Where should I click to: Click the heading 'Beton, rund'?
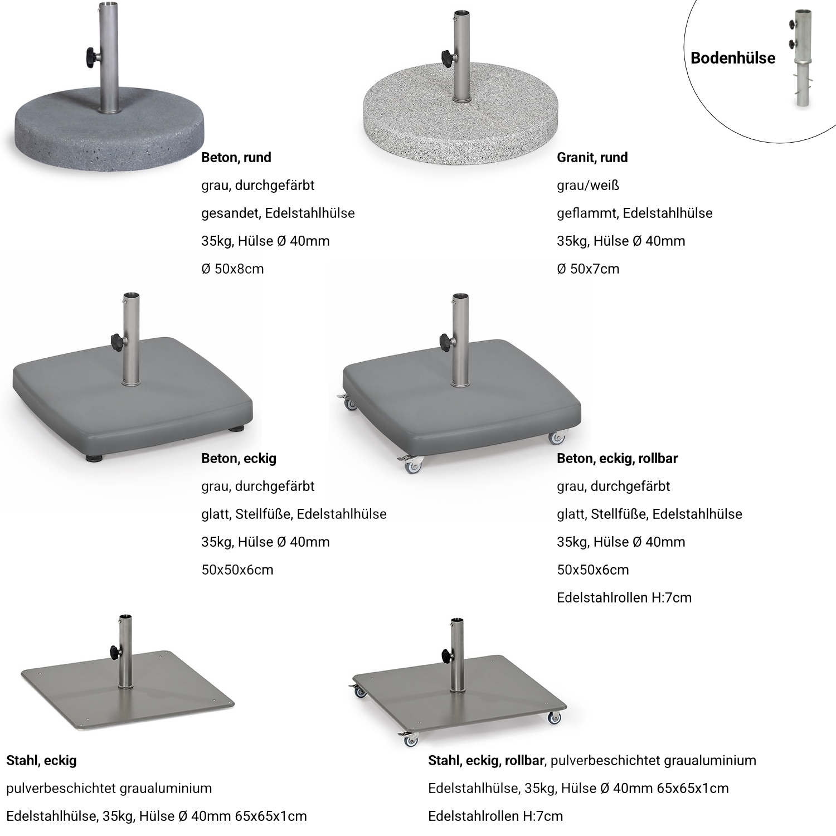click(x=236, y=158)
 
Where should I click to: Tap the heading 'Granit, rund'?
click(x=592, y=158)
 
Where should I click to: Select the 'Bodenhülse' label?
click(x=733, y=58)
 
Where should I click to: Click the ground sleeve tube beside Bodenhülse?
click(x=803, y=58)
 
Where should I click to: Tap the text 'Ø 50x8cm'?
click(x=232, y=269)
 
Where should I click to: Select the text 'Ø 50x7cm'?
click(x=588, y=269)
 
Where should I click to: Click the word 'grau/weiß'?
click(x=588, y=186)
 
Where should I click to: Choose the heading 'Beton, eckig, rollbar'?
click(x=617, y=459)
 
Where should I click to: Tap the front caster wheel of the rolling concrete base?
click(x=411, y=466)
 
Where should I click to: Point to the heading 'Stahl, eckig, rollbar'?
click(x=486, y=761)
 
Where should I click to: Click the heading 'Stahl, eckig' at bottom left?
click(x=41, y=761)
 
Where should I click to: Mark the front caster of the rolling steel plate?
click(x=410, y=740)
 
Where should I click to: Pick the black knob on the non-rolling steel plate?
click(x=114, y=651)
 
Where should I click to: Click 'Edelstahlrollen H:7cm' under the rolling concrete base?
click(x=624, y=598)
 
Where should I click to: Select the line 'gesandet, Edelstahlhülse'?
click(x=278, y=213)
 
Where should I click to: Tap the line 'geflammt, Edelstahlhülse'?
click(x=635, y=213)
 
